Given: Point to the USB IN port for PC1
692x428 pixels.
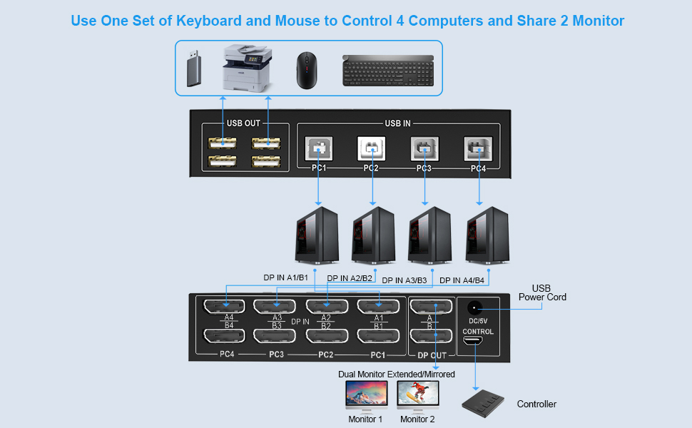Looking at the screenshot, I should coord(317,149).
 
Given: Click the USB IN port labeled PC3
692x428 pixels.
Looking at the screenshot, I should coord(424,149).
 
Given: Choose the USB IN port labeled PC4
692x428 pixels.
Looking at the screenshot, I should coord(478,149).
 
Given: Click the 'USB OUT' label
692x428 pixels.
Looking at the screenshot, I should coord(243,123).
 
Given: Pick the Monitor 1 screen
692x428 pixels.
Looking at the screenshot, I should coord(366,394).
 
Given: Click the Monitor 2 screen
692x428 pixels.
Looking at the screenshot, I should coord(417,394).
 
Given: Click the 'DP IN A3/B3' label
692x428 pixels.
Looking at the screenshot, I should coord(404,280).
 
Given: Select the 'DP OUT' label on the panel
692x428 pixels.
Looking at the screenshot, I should coord(432,355).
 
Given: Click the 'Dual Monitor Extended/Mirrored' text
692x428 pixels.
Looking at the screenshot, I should coord(396,374).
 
